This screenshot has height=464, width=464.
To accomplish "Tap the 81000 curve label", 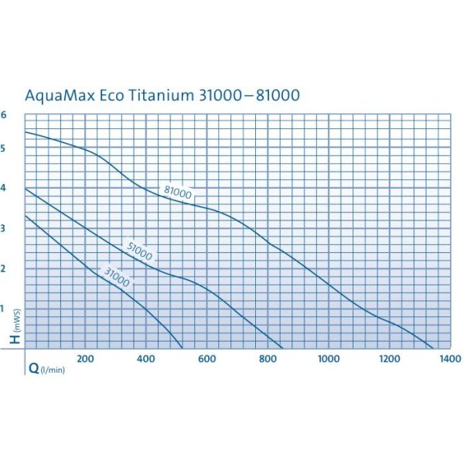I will [178, 193].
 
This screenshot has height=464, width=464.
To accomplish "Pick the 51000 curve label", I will [139, 251].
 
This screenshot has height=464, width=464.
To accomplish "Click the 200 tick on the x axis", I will [86, 359].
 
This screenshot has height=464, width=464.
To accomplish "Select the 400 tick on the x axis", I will [146, 359].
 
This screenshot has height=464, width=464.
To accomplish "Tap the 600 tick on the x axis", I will [206, 359].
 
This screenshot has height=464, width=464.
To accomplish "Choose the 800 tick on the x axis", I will [268, 359].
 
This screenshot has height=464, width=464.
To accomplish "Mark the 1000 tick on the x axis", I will [329, 359].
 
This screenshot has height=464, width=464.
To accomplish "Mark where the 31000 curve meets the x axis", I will [183, 348].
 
